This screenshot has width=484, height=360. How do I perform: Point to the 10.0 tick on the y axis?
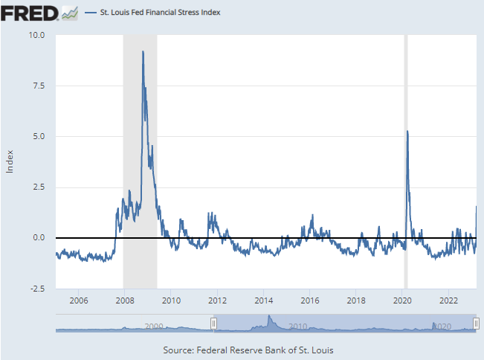point(37,35)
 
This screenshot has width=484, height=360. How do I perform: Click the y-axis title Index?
point(10,161)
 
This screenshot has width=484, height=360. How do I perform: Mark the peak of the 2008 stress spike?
point(143,51)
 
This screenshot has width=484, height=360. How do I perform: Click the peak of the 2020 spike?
point(407,131)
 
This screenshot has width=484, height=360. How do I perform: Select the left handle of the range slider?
point(213,323)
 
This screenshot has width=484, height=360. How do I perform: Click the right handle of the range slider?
point(476,323)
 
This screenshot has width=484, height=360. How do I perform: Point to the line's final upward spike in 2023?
point(476,208)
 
